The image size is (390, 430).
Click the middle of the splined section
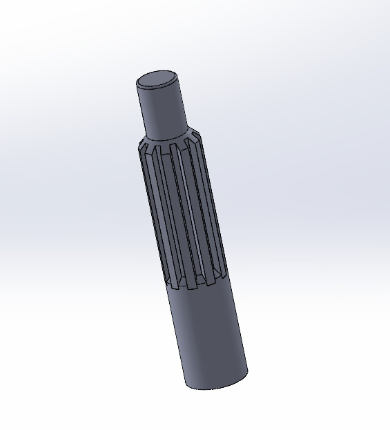coord(183,211)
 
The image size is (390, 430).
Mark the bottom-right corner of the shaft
coord(246,375)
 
